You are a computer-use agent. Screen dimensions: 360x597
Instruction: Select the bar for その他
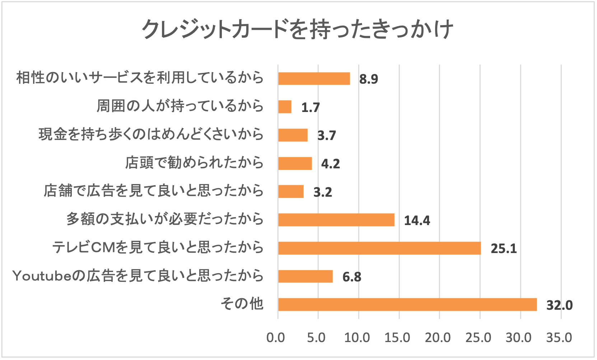[407, 304]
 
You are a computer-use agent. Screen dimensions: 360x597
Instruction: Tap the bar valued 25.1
[379, 248]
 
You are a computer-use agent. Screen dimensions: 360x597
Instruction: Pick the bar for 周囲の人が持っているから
[285, 107]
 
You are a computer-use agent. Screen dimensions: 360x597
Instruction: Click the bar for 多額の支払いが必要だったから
[336, 220]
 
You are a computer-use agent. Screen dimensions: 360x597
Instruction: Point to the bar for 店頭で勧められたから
[295, 163]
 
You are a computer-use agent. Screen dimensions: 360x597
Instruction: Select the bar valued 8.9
[314, 78]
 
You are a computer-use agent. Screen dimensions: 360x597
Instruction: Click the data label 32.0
[559, 305]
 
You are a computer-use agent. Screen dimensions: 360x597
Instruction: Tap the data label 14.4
[417, 220]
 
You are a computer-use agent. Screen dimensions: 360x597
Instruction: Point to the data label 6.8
[352, 277]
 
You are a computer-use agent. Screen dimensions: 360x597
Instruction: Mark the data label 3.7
[327, 135]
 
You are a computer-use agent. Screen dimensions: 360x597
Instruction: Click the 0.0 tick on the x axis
[276, 338]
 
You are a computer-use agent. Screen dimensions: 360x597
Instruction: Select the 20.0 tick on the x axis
[438, 338]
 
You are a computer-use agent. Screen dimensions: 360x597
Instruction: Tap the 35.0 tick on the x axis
[559, 338]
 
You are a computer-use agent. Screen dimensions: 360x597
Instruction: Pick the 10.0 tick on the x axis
[357, 338]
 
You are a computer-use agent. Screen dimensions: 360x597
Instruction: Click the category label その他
[242, 304]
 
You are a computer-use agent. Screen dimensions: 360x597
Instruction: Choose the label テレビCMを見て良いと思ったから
[158, 247]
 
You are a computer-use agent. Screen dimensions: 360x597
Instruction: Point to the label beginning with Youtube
[138, 276]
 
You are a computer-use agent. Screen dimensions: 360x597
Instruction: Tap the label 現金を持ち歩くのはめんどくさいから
[151, 134]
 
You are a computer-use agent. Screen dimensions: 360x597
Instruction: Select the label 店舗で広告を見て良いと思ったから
[154, 191]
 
